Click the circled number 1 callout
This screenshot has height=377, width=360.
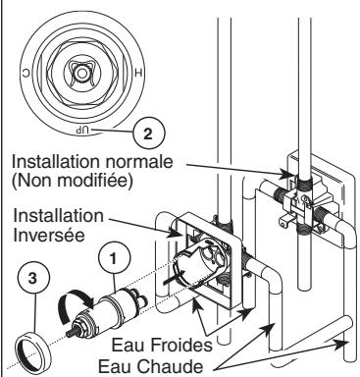(x=114, y=258)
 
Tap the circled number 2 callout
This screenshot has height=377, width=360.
(x=149, y=134)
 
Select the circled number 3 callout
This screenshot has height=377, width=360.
(x=33, y=280)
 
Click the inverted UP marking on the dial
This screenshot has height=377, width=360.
(x=82, y=130)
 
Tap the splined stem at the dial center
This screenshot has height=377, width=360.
(x=79, y=74)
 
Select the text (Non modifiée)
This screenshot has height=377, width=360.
(x=73, y=181)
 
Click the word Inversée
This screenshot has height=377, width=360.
(x=49, y=235)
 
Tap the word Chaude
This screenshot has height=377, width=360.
(x=170, y=366)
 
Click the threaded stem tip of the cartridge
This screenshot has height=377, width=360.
(x=71, y=333)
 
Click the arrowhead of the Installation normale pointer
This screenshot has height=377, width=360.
(x=286, y=176)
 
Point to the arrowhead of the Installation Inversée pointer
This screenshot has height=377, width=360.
(x=176, y=233)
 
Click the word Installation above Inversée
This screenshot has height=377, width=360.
(x=58, y=216)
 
